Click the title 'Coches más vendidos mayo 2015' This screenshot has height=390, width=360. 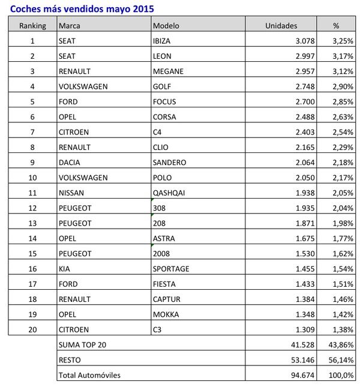(x=82, y=9)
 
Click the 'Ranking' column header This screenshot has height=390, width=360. (x=32, y=26)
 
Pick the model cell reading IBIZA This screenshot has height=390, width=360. (x=163, y=41)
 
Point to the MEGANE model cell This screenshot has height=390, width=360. (x=169, y=71)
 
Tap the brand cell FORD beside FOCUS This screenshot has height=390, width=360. (x=68, y=101)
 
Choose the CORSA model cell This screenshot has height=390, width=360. (x=165, y=116)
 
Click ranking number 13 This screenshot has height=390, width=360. (x=32, y=223)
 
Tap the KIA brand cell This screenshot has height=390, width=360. (x=65, y=268)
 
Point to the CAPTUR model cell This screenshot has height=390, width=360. (x=167, y=299)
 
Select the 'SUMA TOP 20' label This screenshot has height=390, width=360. (x=85, y=344)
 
